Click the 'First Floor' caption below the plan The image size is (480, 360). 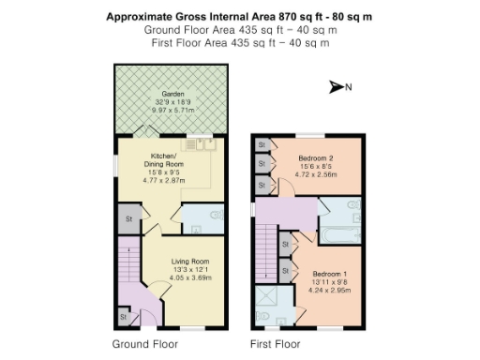[275, 344]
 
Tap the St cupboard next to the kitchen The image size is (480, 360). [125, 219]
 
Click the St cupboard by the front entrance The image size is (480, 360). [122, 317]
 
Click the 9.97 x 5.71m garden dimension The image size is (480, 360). [172, 110]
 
